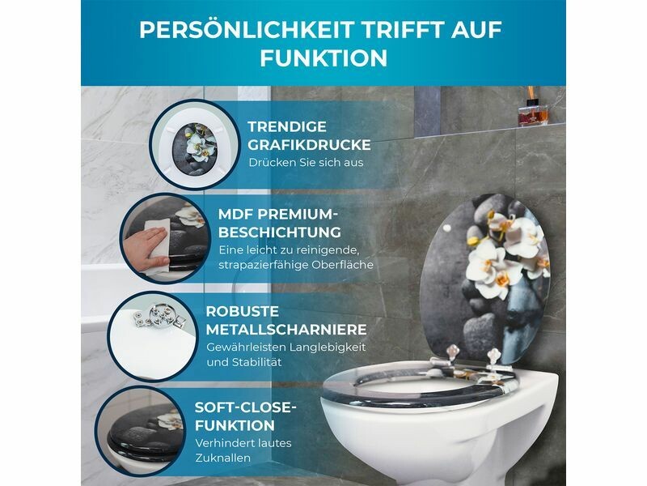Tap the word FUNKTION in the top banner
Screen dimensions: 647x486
[323, 58]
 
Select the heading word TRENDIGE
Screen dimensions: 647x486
[287, 126]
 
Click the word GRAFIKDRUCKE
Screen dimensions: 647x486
[310, 145]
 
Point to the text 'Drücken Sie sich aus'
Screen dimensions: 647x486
[306, 163]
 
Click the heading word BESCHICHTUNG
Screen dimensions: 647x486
[280, 232]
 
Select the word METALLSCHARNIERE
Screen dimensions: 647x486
[286, 330]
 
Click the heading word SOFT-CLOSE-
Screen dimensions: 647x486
[246, 407]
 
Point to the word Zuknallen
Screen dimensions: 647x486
[223, 458]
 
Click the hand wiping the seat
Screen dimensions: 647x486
[145, 248]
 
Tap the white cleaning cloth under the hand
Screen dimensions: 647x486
[158, 244]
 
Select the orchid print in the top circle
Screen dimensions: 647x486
[194, 148]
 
